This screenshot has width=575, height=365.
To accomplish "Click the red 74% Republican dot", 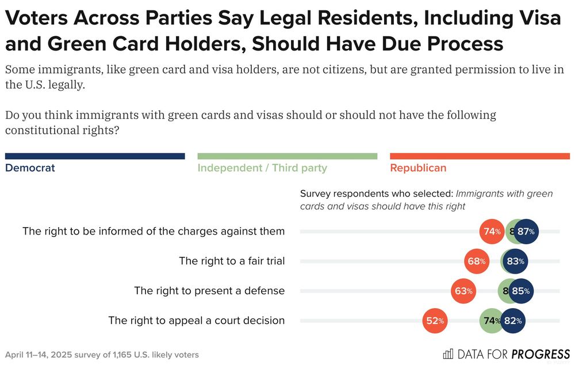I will pos(492,232).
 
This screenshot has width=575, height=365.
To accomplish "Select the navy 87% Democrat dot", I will pos(526,232).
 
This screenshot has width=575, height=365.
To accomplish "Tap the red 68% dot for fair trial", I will pos(477,262).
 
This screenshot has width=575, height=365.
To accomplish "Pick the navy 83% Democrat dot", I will pos(514,262).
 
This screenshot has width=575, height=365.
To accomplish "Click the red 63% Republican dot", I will pos(463,291).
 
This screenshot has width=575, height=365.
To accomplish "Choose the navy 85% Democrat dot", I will pos(520,291).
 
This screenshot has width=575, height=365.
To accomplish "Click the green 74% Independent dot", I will pos(492,321).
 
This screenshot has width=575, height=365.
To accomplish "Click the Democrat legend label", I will pos(30,168).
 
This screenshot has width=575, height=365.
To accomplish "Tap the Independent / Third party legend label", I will pos(262,168).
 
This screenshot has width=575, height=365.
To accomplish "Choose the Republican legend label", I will pos(418,168).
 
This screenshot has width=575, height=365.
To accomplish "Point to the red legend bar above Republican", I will pos(480,156).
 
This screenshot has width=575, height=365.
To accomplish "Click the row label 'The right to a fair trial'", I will pos(232,261).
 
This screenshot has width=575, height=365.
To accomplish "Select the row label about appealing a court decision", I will pos(196,320).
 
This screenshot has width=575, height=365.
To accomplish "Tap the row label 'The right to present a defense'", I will pos(209,291).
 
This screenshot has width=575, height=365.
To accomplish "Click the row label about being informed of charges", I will pos(154,231).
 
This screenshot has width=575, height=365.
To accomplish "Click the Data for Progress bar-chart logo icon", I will pos(448,354).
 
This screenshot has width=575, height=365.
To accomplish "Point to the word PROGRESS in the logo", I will pos(540,354).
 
